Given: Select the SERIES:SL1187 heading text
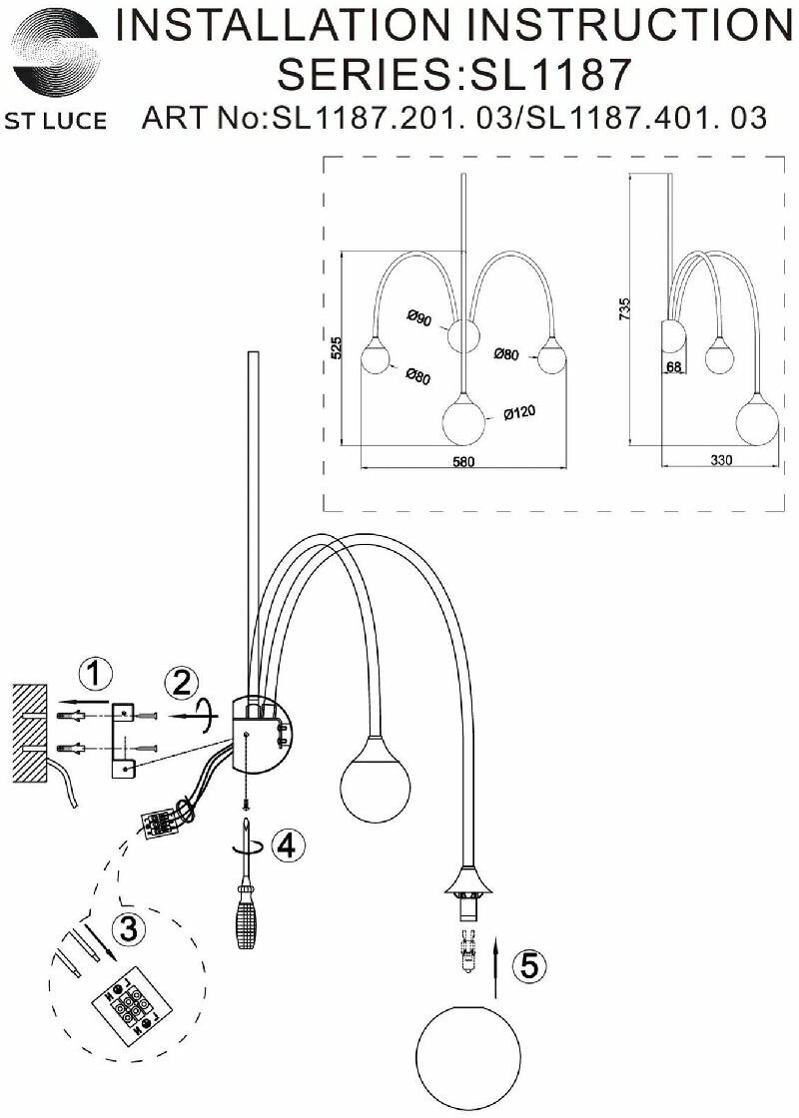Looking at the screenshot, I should (453, 73).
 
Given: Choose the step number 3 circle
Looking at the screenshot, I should (127, 929).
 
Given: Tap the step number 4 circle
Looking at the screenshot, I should (286, 846).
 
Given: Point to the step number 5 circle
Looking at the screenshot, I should (529, 965).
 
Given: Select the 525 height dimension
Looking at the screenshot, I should (337, 346).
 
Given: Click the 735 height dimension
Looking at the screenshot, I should (625, 307).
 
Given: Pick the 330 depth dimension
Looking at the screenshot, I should (720, 460).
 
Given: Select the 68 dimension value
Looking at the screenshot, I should (674, 367).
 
